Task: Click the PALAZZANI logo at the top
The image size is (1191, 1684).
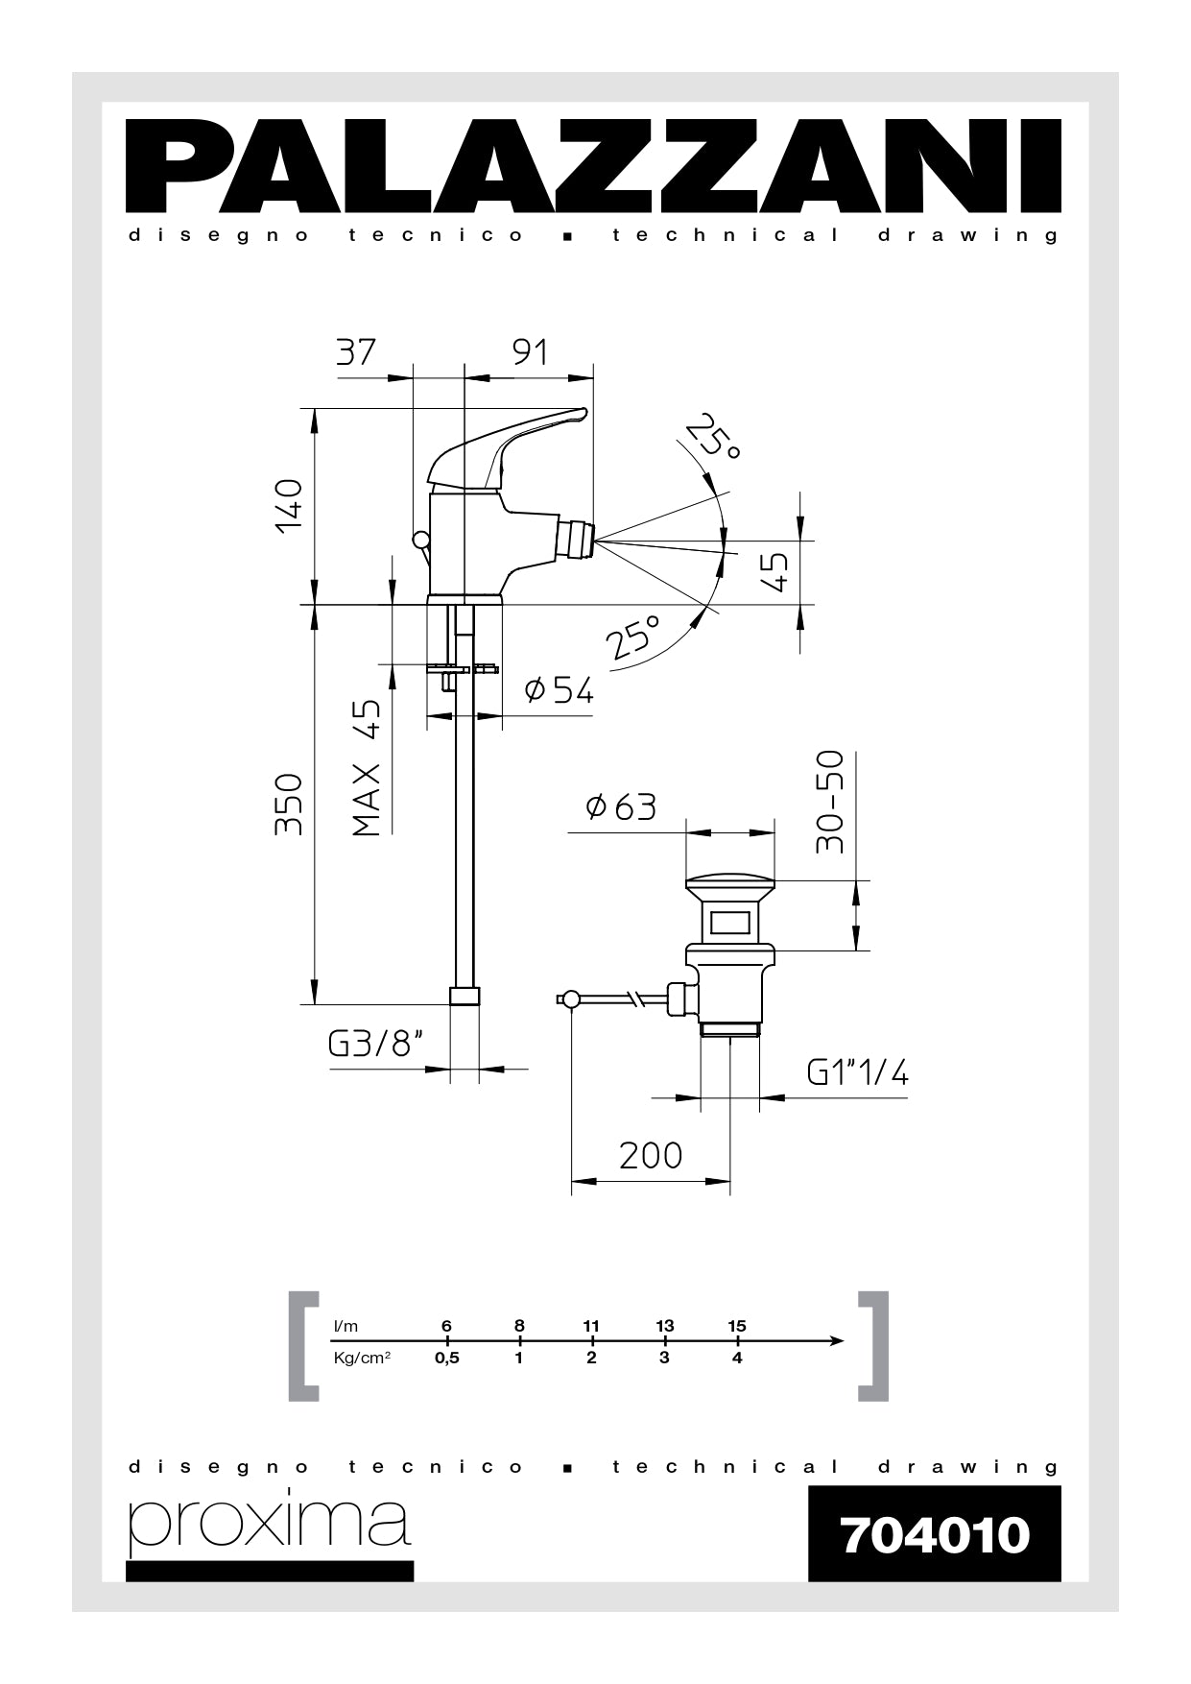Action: [x=594, y=165]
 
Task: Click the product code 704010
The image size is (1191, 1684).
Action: [x=934, y=1534]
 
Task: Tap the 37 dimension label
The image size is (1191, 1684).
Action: [x=356, y=352]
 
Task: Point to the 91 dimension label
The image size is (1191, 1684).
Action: [x=529, y=352]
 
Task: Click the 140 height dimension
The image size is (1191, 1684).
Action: [x=289, y=506]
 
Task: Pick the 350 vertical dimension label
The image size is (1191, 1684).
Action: [x=289, y=804]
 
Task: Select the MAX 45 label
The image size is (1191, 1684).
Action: [x=367, y=767]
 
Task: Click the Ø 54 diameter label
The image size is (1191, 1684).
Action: [x=560, y=689]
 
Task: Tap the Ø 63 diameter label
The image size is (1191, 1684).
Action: [x=622, y=807]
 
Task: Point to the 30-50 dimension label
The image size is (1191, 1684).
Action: [x=829, y=803]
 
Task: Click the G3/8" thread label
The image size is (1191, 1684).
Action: [x=376, y=1044]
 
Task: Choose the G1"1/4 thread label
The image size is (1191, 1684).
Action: [x=857, y=1071]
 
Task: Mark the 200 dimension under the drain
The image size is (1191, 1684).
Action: [x=651, y=1155]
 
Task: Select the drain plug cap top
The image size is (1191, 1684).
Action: [x=729, y=880]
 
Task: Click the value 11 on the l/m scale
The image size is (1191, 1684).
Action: [x=591, y=1326]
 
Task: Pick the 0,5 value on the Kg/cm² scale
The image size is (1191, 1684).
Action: [x=446, y=1359]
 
